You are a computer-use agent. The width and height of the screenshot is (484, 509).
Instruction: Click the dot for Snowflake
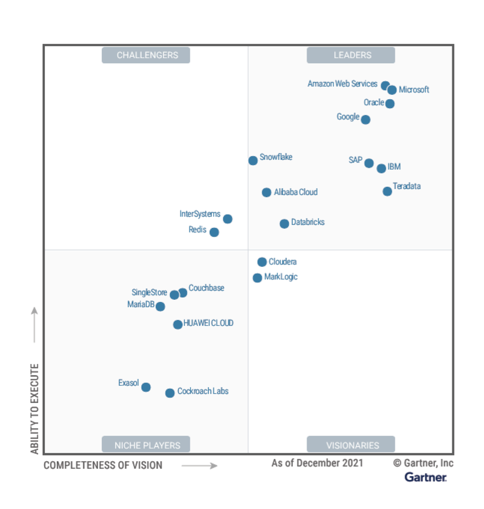tap(253, 160)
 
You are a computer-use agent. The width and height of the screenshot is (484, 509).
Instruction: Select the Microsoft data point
tap(392, 90)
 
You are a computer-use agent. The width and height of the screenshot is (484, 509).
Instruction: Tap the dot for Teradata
tap(387, 191)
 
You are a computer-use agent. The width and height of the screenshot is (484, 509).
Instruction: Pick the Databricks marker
tap(284, 224)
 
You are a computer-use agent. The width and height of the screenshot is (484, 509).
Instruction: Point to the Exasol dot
tap(146, 387)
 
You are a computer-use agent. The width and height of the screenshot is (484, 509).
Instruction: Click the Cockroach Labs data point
tap(170, 393)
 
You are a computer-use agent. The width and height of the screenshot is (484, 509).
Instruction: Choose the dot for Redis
tap(214, 232)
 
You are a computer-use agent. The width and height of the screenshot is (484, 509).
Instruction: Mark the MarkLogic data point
tap(257, 278)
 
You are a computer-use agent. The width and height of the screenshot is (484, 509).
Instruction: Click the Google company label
tap(348, 117)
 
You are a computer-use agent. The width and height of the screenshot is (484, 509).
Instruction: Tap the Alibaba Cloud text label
tap(296, 192)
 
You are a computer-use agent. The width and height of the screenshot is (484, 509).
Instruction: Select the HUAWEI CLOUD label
tap(208, 323)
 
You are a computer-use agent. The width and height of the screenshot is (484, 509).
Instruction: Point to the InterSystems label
tap(200, 214)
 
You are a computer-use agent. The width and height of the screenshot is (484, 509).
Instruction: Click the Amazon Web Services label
tap(342, 84)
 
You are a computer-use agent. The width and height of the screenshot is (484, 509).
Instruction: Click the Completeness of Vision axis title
tap(103, 465)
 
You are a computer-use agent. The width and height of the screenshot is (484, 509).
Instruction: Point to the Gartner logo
tap(426, 477)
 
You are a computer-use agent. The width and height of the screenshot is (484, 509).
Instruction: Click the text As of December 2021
tap(318, 463)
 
